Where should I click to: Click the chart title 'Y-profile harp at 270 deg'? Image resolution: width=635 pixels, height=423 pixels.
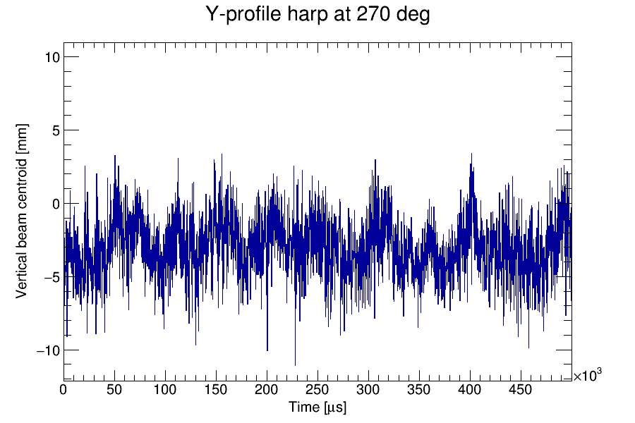point(317,14)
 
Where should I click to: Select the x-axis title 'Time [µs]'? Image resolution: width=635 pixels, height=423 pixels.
point(317,407)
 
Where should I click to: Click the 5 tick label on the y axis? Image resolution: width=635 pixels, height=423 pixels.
point(54,130)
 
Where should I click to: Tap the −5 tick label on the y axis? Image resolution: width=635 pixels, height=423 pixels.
point(51,277)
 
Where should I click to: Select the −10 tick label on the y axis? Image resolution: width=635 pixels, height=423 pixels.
point(47,350)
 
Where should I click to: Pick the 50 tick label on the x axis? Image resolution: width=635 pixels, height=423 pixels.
point(114,390)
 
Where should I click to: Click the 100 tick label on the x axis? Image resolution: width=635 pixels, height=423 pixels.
point(165,390)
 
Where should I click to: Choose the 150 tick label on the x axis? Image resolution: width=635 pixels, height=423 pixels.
point(216,390)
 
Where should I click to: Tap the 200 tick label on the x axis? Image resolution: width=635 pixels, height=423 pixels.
point(267,390)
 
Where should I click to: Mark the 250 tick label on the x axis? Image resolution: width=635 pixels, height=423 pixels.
point(317,390)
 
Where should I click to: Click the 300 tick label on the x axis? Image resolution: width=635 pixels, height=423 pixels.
point(368,390)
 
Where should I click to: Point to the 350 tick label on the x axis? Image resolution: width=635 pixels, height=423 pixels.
point(419,390)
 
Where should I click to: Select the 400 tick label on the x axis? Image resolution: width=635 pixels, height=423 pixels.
point(470,390)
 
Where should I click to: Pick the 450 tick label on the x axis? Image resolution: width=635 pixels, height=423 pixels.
point(521,390)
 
